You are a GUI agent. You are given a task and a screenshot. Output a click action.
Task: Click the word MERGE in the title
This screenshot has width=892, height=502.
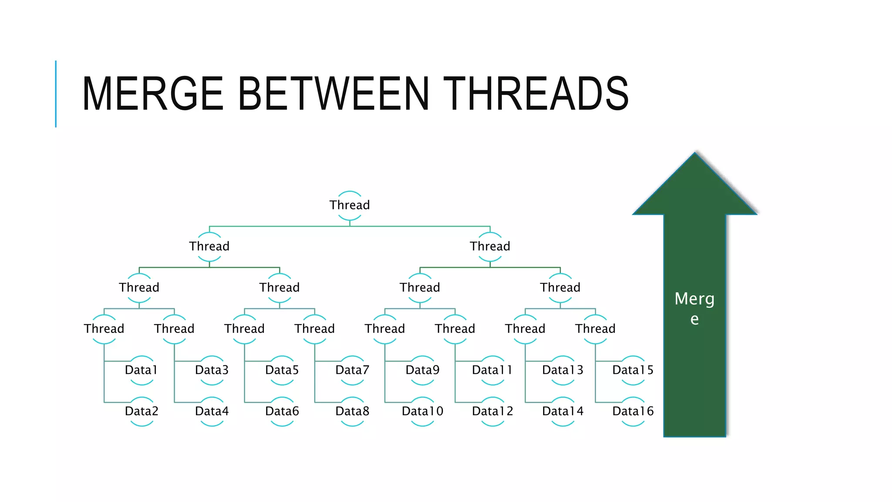pos(152,94)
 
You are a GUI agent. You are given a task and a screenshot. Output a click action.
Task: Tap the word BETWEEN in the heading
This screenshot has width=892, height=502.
pos(334,94)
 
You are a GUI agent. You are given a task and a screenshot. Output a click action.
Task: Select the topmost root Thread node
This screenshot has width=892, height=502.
pos(349,205)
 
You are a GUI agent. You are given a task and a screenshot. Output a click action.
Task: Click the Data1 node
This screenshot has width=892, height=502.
pos(141,370)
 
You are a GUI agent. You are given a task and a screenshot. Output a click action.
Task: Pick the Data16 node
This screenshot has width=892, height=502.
pos(633,411)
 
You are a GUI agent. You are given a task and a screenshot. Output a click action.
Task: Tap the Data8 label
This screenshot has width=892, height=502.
pos(352,411)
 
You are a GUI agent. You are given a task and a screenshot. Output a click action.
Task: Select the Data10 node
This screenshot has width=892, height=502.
pos(422,411)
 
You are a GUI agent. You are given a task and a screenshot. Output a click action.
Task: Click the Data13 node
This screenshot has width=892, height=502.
pos(562,370)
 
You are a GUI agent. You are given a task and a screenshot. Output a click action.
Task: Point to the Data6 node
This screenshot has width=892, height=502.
pos(282,411)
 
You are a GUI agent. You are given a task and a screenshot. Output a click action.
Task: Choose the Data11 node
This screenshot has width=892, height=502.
pos(492,370)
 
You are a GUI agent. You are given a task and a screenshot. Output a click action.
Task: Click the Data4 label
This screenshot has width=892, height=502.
pos(212,411)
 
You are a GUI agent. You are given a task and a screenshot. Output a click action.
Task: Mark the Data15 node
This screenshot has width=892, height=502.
pos(633,370)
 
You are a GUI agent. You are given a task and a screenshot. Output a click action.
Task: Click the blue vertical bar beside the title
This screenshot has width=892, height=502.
pos(56,94)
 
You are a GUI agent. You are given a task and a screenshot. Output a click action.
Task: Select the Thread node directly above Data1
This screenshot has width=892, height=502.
pos(104,329)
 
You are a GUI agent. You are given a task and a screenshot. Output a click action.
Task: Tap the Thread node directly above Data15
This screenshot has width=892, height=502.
pos(595,329)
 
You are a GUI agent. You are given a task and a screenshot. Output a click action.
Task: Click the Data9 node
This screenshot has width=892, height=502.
pos(422,370)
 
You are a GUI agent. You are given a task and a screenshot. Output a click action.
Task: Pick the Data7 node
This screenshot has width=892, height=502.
pos(352,370)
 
